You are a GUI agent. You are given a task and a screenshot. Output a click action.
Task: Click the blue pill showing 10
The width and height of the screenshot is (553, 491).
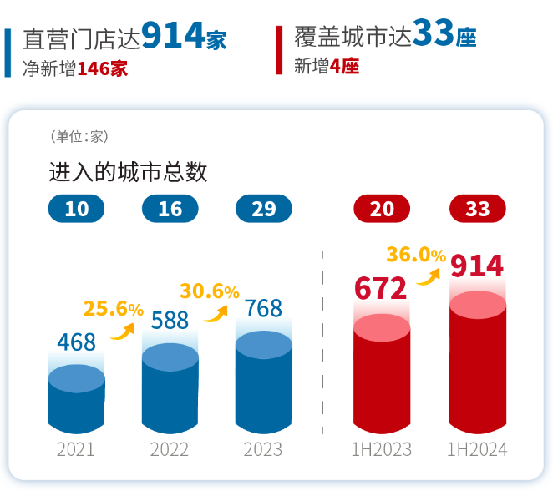pos(77,208)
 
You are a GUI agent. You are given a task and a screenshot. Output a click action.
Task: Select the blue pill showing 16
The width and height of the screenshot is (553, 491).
pos(170,208)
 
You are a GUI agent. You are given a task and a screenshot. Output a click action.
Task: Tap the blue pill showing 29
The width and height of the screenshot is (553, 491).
pos(264,208)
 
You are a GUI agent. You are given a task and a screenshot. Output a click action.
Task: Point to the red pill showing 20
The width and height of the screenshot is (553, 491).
pos(382,208)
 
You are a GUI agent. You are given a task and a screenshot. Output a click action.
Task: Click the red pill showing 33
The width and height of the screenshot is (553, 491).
pos(478,208)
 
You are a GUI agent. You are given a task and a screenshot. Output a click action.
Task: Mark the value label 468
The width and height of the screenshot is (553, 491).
pos(76,342)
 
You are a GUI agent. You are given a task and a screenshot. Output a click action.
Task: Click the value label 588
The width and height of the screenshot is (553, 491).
pos(170,321)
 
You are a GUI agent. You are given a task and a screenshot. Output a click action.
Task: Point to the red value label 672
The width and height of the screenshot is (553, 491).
pos(381,288)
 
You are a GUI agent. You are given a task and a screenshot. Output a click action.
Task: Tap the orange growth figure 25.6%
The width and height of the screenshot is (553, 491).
pos(114,309)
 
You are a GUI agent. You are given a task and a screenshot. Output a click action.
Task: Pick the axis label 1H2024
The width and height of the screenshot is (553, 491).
pos(478,449)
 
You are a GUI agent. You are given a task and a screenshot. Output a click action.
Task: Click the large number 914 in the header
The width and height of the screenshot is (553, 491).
pos(173,34)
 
